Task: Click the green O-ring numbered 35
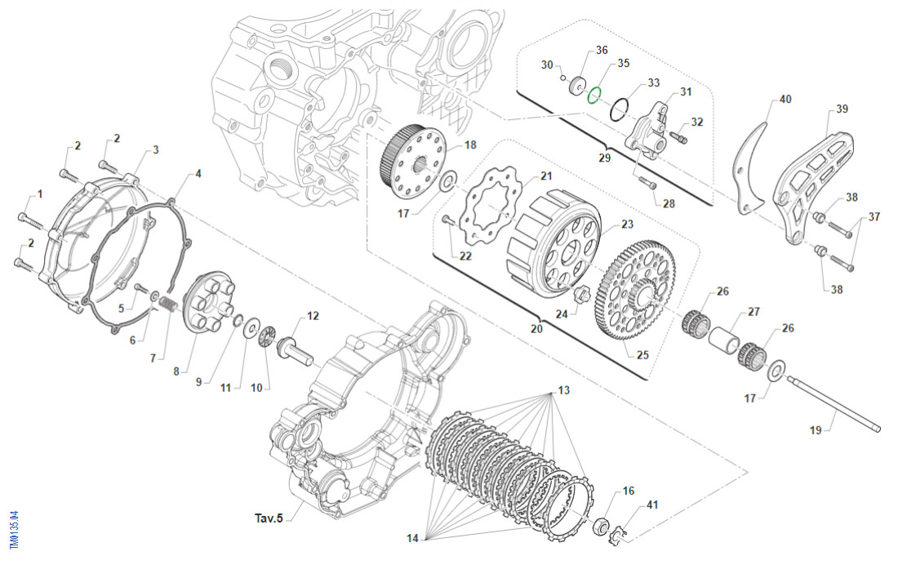click(x=594, y=96)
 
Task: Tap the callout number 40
click(x=785, y=100)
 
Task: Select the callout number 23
click(x=627, y=225)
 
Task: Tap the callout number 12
click(x=313, y=316)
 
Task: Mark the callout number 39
click(x=842, y=109)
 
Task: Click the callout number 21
click(x=546, y=176)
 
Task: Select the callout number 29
click(x=604, y=158)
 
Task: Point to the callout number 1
click(x=38, y=195)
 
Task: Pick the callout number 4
click(x=198, y=174)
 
